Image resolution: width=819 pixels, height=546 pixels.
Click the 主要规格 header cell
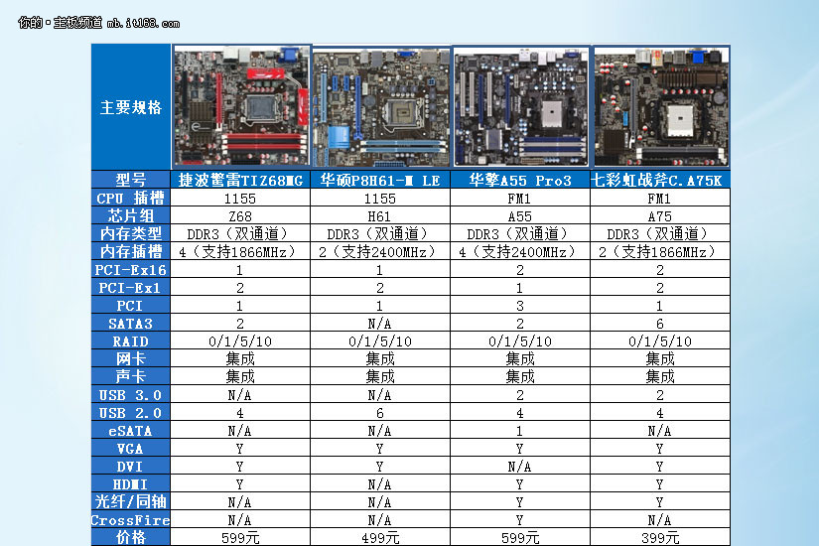(131, 107)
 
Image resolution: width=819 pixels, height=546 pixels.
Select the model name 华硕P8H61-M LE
(380, 181)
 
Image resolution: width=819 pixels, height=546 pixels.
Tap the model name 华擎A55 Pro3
(520, 181)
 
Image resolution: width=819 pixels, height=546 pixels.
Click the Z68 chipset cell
(240, 215)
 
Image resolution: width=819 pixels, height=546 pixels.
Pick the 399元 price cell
(660, 538)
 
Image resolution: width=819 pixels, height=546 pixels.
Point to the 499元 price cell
(380, 538)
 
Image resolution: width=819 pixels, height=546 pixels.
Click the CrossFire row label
(131, 520)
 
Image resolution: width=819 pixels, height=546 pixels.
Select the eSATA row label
(131, 431)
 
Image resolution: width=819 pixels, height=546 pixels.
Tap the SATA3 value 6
(660, 324)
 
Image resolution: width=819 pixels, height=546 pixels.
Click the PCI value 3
(520, 306)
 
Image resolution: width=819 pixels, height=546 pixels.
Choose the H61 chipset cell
(380, 215)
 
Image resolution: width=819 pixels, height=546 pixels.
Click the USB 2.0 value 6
(380, 413)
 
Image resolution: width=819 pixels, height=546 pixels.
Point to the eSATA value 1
(520, 431)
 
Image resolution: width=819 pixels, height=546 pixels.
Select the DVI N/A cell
(520, 466)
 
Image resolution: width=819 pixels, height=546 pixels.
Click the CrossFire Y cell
(520, 520)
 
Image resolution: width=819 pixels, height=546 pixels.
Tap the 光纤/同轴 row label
(131, 501)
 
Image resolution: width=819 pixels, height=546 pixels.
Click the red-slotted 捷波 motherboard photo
(241, 106)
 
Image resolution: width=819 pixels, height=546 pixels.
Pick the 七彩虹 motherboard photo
(661, 106)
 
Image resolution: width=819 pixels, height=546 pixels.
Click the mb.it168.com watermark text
(143, 24)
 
